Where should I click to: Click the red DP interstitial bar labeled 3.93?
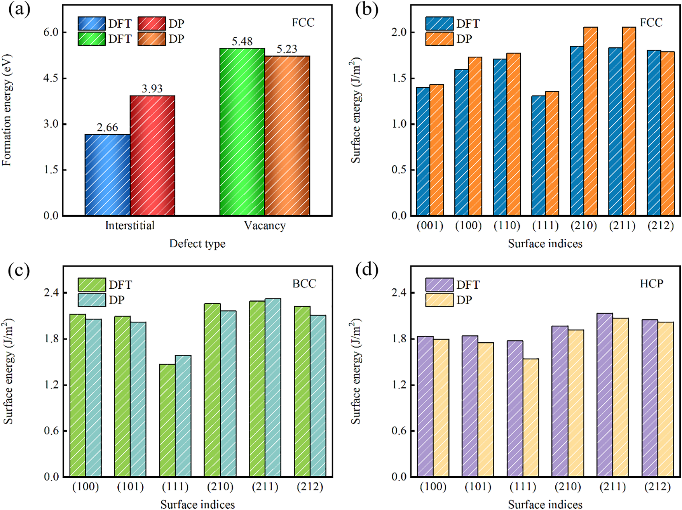pos(152,155)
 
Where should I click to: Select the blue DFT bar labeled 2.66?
pos(107,175)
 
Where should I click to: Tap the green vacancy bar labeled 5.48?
pos(242,132)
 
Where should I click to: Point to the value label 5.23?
pos(287,49)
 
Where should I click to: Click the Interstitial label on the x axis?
pos(130,226)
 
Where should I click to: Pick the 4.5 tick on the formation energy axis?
pos(51,78)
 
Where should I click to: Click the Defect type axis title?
pos(197,244)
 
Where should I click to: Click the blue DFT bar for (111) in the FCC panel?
pos(538,155)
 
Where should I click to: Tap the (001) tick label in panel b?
pos(430,226)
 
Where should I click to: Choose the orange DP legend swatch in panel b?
pos(439,39)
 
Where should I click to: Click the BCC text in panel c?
pos(304,284)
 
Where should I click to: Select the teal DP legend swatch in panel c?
pos(92,300)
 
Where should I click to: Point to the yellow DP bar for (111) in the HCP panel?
pos(531,417)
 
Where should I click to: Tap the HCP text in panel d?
pos(651,284)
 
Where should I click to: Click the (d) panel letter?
pos(366,270)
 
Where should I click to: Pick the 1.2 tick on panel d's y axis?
pos(399,385)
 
